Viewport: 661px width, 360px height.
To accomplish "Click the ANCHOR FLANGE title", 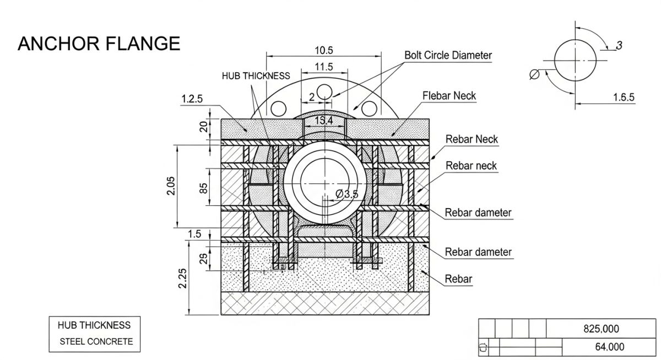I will pos(99,43).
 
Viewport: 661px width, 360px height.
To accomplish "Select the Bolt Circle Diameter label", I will pos(448,55).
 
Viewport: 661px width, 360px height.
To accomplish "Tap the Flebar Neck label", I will pos(449,96).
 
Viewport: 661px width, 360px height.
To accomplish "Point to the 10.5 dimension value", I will pos(323,51).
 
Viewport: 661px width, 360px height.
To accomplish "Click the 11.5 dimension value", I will pos(323,67).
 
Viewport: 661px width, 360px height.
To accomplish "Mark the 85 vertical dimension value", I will pos(203,187).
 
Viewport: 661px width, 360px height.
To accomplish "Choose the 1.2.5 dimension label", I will pos(192,99).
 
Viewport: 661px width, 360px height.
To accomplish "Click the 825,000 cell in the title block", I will pos(601,329).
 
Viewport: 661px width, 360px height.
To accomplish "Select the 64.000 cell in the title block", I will pos(609,347).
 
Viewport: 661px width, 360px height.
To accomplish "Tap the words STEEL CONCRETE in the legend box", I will pos(96,342).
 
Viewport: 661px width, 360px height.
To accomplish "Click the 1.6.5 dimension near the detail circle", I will pos(624,97).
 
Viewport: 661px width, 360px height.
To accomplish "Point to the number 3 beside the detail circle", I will pos(619,46).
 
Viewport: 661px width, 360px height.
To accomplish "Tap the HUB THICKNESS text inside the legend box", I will pos(94,325).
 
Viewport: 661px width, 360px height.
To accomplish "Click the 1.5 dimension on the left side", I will pos(194,234).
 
